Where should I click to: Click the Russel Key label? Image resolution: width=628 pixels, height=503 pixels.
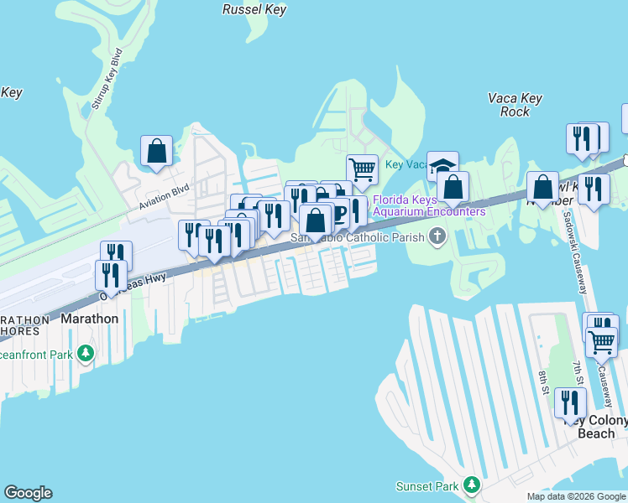tap(254, 10)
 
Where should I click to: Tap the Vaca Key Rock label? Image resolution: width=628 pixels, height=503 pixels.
tap(509, 105)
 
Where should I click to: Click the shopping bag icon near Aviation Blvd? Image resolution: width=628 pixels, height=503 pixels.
tap(156, 151)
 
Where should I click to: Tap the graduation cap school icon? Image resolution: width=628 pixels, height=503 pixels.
tap(442, 166)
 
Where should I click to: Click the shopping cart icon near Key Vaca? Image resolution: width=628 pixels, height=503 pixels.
tap(362, 169)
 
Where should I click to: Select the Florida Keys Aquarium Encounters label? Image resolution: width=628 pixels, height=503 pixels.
tap(428, 206)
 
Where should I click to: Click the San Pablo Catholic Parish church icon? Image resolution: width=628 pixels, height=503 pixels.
tap(436, 238)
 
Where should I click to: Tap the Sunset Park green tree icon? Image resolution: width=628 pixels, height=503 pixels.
tap(472, 486)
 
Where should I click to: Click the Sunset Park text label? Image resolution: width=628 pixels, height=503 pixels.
tap(427, 486)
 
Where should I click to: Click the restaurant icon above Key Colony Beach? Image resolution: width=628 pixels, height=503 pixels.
tap(570, 402)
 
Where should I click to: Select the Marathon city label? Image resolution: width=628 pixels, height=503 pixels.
tap(89, 319)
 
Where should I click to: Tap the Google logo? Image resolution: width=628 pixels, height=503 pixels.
tap(28, 493)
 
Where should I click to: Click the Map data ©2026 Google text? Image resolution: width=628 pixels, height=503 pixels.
tap(576, 496)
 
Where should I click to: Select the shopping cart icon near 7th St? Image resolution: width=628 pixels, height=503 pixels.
tap(601, 341)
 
